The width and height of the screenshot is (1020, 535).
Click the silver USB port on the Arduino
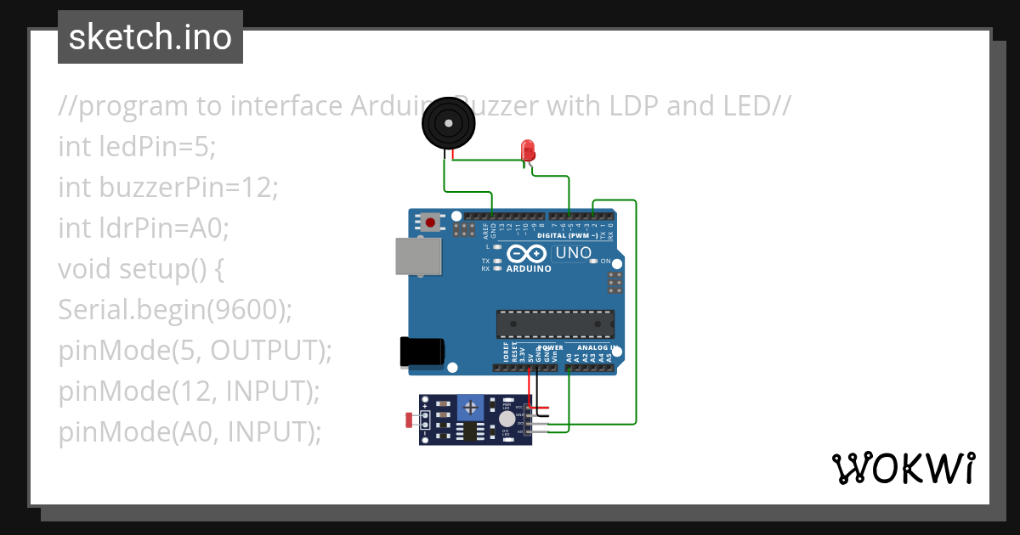click(x=418, y=256)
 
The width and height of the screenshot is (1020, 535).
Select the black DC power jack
click(x=422, y=352)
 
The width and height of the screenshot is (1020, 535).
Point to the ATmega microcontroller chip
click(x=555, y=324)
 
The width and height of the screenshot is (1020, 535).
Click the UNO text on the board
click(x=573, y=253)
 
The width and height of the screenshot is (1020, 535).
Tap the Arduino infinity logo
click(x=528, y=253)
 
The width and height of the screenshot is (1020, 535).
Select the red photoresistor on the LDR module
click(x=411, y=420)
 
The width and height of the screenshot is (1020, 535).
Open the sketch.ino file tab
click(x=150, y=37)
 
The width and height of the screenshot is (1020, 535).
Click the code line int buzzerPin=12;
click(x=168, y=188)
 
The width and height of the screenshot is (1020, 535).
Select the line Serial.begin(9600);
click(x=175, y=310)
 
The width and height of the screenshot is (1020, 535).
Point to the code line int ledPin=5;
click(x=138, y=147)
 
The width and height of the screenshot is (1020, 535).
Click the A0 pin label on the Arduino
click(x=569, y=358)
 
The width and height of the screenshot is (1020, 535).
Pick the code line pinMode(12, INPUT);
click(x=189, y=391)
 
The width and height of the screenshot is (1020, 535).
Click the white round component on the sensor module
click(x=507, y=419)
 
